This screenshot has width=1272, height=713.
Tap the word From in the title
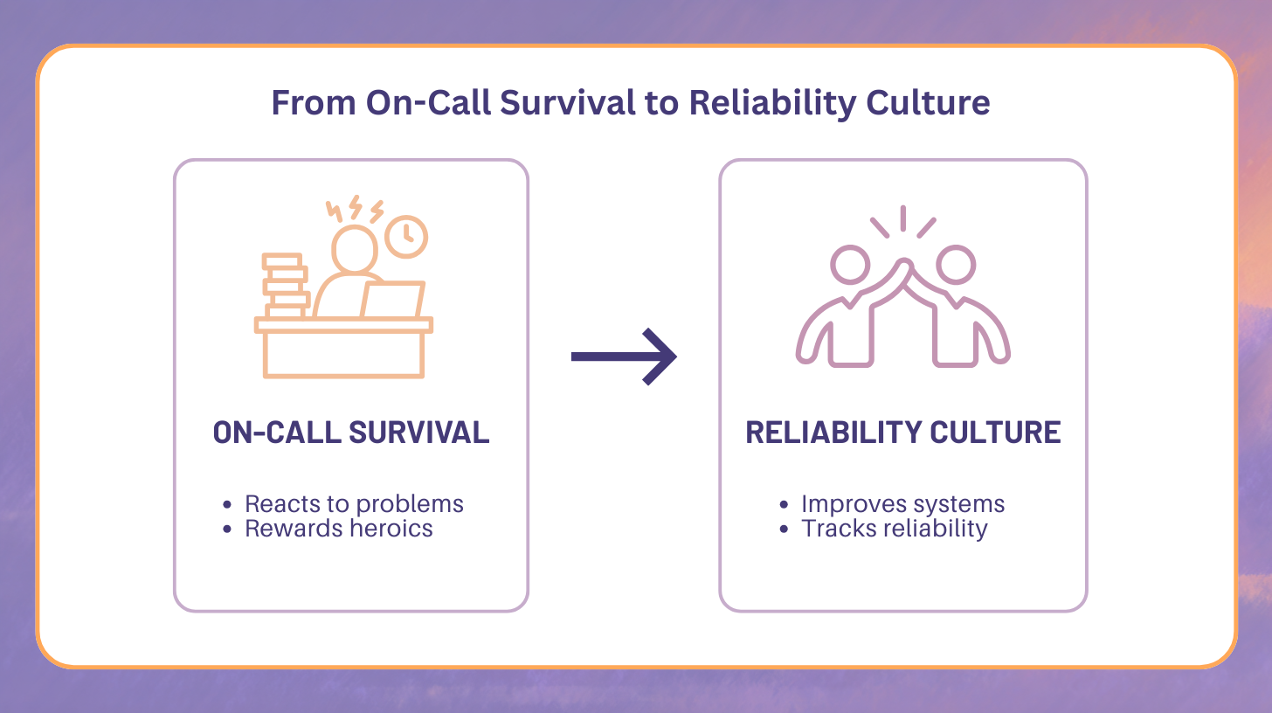pos(313,103)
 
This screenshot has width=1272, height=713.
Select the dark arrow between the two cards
pos(624,356)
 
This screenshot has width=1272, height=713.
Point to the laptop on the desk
pos(392,300)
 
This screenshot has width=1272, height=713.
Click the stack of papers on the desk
pos(285,285)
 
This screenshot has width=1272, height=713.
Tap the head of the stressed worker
pos(354,248)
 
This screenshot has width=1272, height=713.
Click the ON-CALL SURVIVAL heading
pos(351,433)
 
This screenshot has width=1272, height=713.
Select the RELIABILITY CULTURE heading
pos(903,433)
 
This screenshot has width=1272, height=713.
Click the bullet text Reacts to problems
pos(354,504)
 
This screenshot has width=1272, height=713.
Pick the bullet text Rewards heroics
pos(339,528)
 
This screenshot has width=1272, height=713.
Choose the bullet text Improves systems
pos(903,504)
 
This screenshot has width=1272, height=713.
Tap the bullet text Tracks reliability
pos(895,528)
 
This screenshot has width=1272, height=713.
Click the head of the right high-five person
pos(956,265)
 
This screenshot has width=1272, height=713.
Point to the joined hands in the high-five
pos(902,267)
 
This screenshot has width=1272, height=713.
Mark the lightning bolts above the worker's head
pos(355,211)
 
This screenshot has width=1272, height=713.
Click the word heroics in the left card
pos(391,528)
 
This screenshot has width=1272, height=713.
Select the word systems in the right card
pos(960,504)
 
